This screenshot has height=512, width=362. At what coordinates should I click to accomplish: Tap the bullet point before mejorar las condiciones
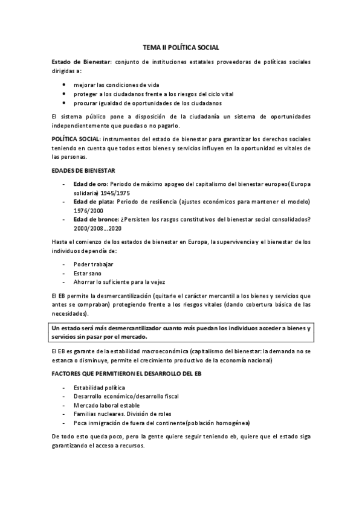[x=63, y=85]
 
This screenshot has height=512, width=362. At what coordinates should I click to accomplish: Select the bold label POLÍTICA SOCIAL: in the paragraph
[x=73, y=139]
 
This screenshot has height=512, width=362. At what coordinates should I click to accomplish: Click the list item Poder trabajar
[x=93, y=264]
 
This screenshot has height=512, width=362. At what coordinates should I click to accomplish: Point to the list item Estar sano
[x=88, y=273]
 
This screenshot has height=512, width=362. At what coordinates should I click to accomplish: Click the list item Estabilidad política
[x=99, y=388]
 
